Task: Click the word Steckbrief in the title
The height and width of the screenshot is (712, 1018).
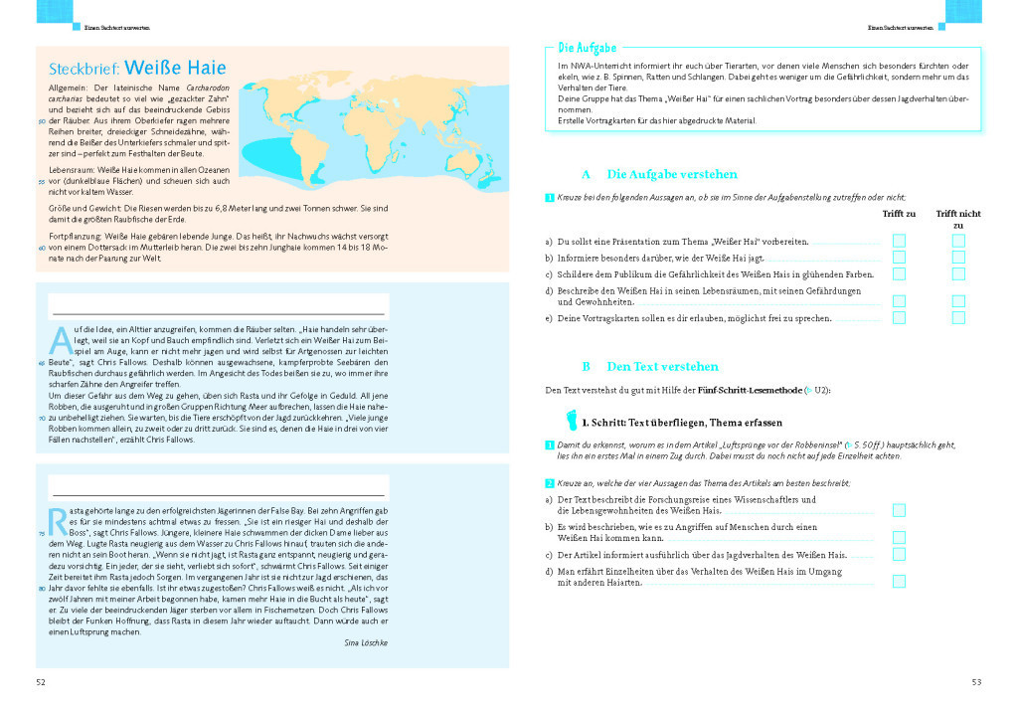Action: click(x=84, y=69)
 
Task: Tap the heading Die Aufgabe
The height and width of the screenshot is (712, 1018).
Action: click(x=587, y=47)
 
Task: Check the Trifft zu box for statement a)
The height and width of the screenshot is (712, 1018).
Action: click(x=899, y=241)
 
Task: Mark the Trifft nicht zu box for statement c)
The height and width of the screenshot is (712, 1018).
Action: click(x=958, y=273)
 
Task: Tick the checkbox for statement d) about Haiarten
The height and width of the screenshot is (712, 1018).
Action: click(x=899, y=582)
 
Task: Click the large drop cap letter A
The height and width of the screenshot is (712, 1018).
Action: click(x=61, y=339)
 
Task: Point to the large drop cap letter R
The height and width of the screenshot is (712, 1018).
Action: click(x=59, y=517)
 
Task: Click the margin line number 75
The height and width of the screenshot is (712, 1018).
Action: click(x=42, y=534)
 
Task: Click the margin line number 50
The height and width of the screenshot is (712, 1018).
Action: click(x=42, y=121)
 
